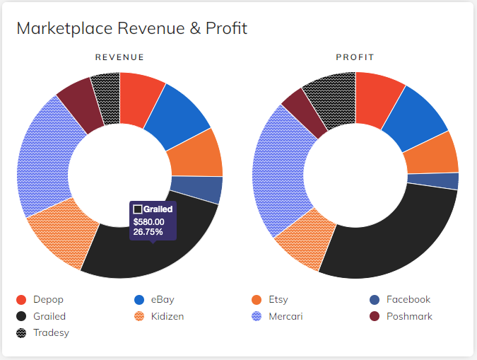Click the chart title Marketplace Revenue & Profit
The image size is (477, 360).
pyautogui.click(x=131, y=28)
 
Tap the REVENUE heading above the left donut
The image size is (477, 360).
pyautogui.click(x=120, y=57)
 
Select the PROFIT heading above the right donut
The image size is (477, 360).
pyautogui.click(x=355, y=57)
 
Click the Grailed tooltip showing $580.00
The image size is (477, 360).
pyautogui.click(x=153, y=220)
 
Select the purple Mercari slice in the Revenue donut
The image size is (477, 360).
pyautogui.click(x=46, y=156)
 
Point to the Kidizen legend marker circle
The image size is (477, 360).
pyautogui.click(x=139, y=316)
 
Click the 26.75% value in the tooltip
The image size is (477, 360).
pyautogui.click(x=148, y=231)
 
